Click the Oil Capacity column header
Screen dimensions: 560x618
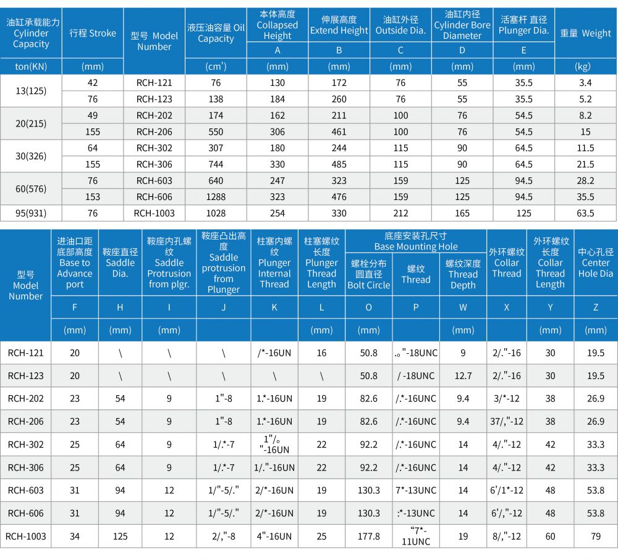pos(216,33)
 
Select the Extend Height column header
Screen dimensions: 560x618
pos(339,25)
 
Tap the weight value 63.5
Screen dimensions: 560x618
pos(585,213)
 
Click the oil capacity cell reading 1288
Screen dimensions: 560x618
pos(216,197)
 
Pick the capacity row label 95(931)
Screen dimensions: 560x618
pos(31,213)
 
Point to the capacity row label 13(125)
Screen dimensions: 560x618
pos(31,91)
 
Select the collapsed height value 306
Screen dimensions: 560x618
pos(277,132)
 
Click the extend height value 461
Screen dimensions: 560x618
pos(339,132)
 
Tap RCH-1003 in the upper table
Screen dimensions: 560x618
pos(154,213)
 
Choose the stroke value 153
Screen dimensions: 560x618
pos(93,197)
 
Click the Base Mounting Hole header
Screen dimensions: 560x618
pos(416,241)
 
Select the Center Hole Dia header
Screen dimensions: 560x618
pos(596,262)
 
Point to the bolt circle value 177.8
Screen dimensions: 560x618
pos(369,537)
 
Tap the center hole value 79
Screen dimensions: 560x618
pos(596,537)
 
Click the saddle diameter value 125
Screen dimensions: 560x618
pos(120,537)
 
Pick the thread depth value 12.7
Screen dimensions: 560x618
pos(463,375)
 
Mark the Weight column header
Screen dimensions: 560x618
pos(585,33)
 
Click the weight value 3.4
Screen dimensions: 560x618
pos(585,83)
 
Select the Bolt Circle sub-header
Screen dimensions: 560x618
pos(369,274)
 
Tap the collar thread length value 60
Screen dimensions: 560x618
pos(550,537)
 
